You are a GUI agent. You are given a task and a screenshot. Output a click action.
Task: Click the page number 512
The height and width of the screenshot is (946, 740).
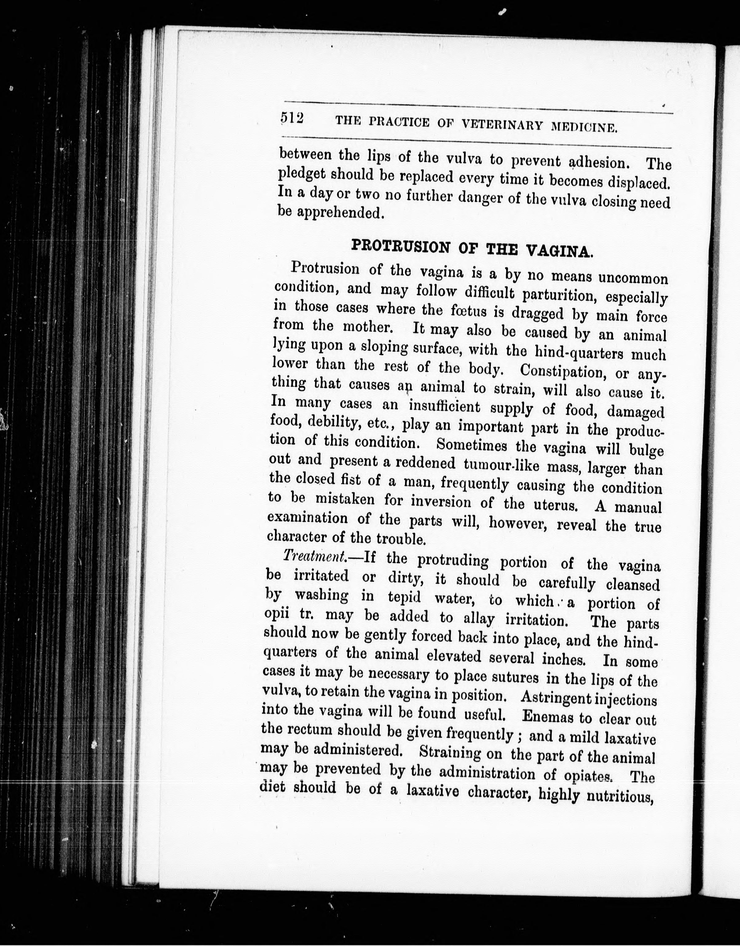pos(292,118)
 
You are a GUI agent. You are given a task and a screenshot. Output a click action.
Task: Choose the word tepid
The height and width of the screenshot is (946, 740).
pos(404,597)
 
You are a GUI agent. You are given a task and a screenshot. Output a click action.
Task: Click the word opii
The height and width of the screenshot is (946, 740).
pos(277,614)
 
